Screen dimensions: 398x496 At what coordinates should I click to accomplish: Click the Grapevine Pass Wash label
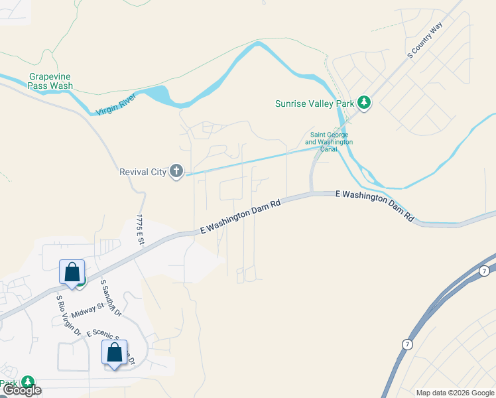pyautogui.click(x=50, y=81)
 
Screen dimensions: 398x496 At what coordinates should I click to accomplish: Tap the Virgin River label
pyautogui.click(x=115, y=104)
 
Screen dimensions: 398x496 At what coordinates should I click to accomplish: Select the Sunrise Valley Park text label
pyautogui.click(x=314, y=103)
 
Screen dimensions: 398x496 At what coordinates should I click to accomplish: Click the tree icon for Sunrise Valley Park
pyautogui.click(x=363, y=103)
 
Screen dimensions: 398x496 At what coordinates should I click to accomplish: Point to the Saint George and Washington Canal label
pyautogui.click(x=329, y=142)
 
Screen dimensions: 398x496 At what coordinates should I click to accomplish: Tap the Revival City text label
pyautogui.click(x=143, y=172)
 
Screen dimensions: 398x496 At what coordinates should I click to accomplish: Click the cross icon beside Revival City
pyautogui.click(x=176, y=172)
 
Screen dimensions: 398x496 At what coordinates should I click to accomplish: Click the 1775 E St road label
pyautogui.click(x=140, y=230)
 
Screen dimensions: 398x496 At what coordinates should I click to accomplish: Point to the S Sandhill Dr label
pyautogui.click(x=109, y=297)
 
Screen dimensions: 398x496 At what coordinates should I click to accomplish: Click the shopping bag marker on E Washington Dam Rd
pyautogui.click(x=72, y=271)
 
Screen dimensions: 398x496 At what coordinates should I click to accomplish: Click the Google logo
pyautogui.click(x=22, y=390)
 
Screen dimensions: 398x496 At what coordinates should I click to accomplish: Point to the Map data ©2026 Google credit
pyautogui.click(x=456, y=393)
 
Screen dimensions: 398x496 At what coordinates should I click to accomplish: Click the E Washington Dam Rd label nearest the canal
pyautogui.click(x=375, y=206)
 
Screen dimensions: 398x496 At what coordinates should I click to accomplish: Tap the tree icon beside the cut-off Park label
pyautogui.click(x=27, y=383)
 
